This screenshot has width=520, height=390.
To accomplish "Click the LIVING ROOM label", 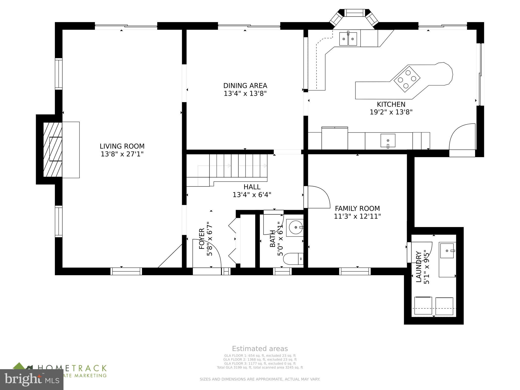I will [122, 146].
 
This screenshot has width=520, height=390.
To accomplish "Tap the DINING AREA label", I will [245, 86].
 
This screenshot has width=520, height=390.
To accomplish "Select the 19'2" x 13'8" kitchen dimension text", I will [391, 112].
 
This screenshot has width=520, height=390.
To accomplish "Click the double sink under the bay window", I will [348, 39].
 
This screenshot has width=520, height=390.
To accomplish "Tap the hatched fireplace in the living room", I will [53, 150].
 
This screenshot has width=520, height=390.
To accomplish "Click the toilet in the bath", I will [293, 259].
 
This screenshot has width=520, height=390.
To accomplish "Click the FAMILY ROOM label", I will [357, 208].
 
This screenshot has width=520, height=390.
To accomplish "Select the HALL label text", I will [252, 187].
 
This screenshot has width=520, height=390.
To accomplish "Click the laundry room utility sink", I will [447, 251].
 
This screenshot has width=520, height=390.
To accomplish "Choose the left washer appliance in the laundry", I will [423, 306].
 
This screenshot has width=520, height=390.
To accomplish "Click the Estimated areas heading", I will [260, 349].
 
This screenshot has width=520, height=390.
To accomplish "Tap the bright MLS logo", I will [31, 380].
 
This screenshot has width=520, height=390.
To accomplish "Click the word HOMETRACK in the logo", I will [72, 368].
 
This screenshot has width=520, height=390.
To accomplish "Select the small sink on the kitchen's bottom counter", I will [388, 140].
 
